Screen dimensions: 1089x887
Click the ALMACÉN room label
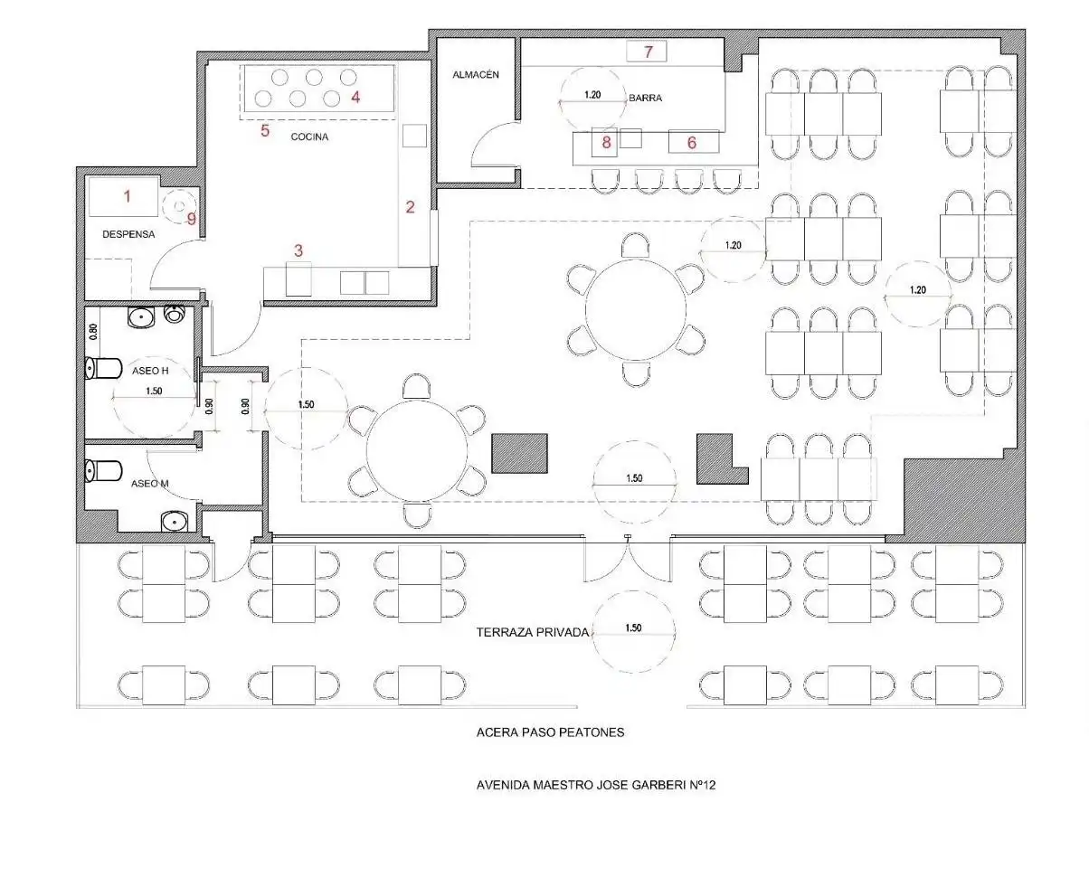point(476,75)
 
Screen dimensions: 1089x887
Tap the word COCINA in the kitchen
point(309,137)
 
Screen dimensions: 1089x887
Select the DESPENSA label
point(128,234)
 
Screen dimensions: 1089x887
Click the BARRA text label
point(645,98)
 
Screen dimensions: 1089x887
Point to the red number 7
point(649,52)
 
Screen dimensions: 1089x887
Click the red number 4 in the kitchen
point(355,97)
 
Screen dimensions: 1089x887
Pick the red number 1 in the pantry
point(127,195)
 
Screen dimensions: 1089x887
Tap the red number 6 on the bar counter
point(692,143)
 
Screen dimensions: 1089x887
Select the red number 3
point(298,250)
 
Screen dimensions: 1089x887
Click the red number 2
point(410,207)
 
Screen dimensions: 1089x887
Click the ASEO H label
point(150,371)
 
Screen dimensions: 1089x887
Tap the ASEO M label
point(150,484)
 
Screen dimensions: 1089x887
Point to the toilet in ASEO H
point(103,368)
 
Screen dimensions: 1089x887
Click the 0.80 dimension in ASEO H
point(93,332)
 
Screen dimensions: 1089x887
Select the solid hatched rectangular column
point(519,453)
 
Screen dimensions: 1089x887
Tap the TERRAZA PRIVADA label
point(532,633)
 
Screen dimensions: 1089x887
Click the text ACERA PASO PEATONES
point(550,732)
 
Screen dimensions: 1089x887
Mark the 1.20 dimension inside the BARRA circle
point(592,95)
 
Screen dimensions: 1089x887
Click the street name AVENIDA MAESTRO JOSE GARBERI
point(581,785)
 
